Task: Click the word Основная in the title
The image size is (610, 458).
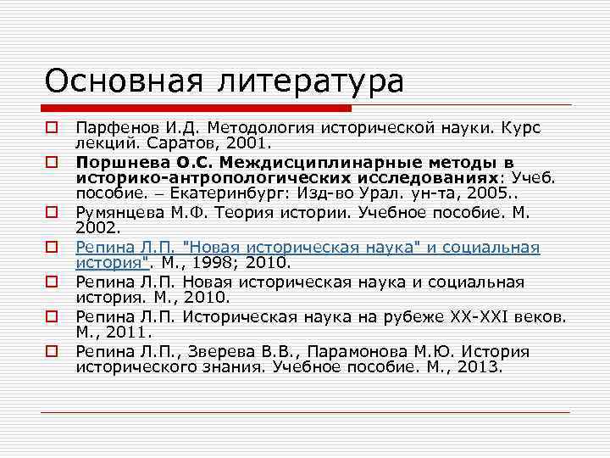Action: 119,81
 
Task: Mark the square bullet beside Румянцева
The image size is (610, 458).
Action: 53,213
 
